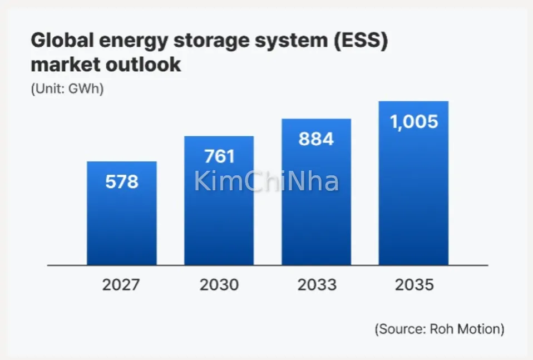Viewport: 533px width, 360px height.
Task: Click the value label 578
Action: (x=121, y=181)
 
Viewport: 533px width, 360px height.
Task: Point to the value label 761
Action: (x=219, y=156)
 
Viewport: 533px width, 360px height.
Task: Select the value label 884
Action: (x=316, y=139)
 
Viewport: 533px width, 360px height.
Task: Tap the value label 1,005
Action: (x=414, y=121)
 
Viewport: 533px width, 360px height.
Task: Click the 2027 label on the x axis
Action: (x=121, y=285)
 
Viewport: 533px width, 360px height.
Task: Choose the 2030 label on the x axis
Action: (x=219, y=285)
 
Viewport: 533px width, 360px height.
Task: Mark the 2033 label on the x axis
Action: (x=317, y=285)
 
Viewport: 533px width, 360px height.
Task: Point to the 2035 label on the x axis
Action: (x=414, y=285)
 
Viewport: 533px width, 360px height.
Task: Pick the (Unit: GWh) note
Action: (x=67, y=89)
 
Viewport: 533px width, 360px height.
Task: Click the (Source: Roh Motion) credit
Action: (x=440, y=329)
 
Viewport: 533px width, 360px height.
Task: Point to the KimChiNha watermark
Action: (x=266, y=182)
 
